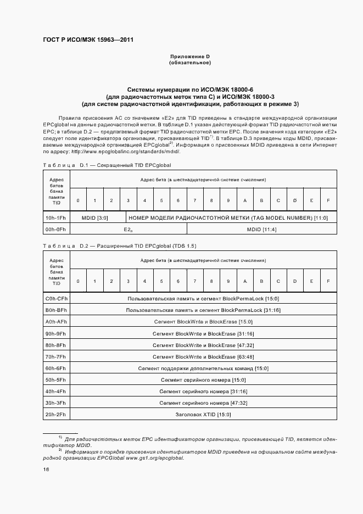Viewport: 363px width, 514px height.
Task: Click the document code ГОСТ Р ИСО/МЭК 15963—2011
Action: point(88,40)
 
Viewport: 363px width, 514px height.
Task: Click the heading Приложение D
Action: point(190,57)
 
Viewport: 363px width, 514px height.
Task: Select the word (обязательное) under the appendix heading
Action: point(190,63)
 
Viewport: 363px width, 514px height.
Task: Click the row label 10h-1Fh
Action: point(57,217)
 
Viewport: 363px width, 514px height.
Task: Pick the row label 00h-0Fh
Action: point(57,229)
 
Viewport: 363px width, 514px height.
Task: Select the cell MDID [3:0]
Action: point(94,217)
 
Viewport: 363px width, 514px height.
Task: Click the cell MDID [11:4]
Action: point(261,229)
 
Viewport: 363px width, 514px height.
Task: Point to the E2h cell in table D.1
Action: point(128,229)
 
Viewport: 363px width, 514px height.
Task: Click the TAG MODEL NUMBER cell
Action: point(228,217)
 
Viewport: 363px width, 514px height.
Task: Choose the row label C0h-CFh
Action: point(57,299)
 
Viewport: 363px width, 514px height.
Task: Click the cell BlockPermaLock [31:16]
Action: point(203,310)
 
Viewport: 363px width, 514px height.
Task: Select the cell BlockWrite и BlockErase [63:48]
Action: point(203,356)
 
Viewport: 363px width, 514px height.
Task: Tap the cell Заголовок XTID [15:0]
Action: point(203,414)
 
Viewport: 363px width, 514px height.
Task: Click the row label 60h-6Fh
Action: point(57,368)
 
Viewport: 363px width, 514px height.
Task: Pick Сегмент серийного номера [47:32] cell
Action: point(203,403)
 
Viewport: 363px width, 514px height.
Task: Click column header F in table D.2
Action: point(328,281)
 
